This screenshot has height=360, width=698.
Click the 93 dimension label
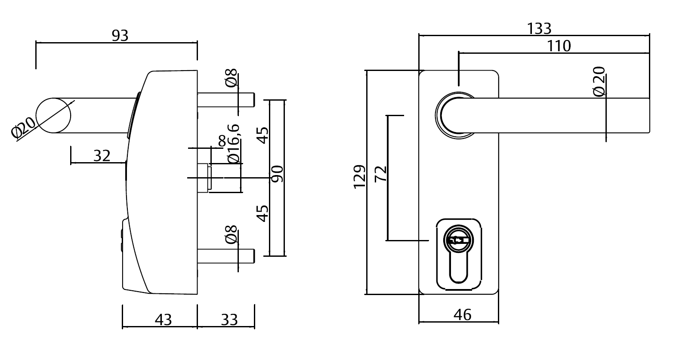120,36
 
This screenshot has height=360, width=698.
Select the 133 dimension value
539,28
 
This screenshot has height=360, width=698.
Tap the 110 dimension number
559,46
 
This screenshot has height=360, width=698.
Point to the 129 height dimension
359,176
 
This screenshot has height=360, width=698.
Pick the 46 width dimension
462,315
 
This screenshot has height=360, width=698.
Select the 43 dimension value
163,320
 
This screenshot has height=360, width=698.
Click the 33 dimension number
229,320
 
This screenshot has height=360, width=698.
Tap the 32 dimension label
102,156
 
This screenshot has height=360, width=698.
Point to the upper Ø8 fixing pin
226,99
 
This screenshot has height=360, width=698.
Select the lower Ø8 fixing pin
226,256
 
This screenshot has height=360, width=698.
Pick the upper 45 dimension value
263,135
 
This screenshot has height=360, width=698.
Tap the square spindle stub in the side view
204,177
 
